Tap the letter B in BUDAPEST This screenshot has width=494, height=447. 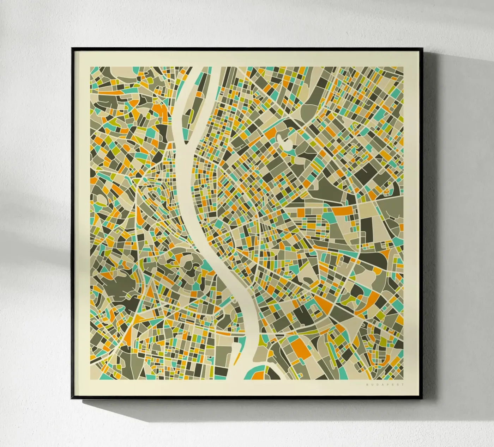click(367, 385)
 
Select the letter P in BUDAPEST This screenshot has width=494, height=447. click(387, 385)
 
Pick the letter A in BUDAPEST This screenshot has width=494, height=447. click(382, 385)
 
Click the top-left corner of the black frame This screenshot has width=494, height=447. click(72, 48)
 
